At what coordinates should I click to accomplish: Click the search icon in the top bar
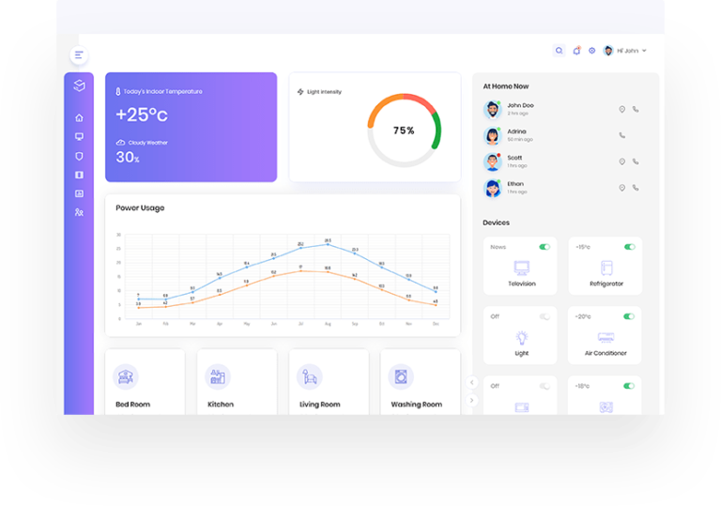click(560, 51)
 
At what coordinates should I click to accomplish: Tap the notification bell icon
click(576, 51)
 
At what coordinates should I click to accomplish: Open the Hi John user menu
click(625, 51)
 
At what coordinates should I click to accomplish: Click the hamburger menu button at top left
click(79, 55)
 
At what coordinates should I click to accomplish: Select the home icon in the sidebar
click(79, 118)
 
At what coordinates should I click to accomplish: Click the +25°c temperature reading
click(142, 115)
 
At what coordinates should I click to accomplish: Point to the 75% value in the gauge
click(404, 130)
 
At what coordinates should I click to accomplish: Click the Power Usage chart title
click(140, 207)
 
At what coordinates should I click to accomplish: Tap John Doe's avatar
click(493, 109)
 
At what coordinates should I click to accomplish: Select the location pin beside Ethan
click(621, 188)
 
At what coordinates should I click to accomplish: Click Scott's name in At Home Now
click(514, 158)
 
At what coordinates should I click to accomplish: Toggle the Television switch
click(545, 247)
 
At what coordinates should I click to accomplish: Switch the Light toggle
click(545, 316)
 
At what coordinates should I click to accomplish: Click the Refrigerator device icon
click(606, 268)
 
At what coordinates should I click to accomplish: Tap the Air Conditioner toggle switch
click(629, 316)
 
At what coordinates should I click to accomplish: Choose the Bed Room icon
click(126, 377)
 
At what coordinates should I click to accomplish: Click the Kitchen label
click(221, 405)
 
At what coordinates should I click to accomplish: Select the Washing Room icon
click(401, 377)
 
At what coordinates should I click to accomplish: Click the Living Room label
click(319, 405)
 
